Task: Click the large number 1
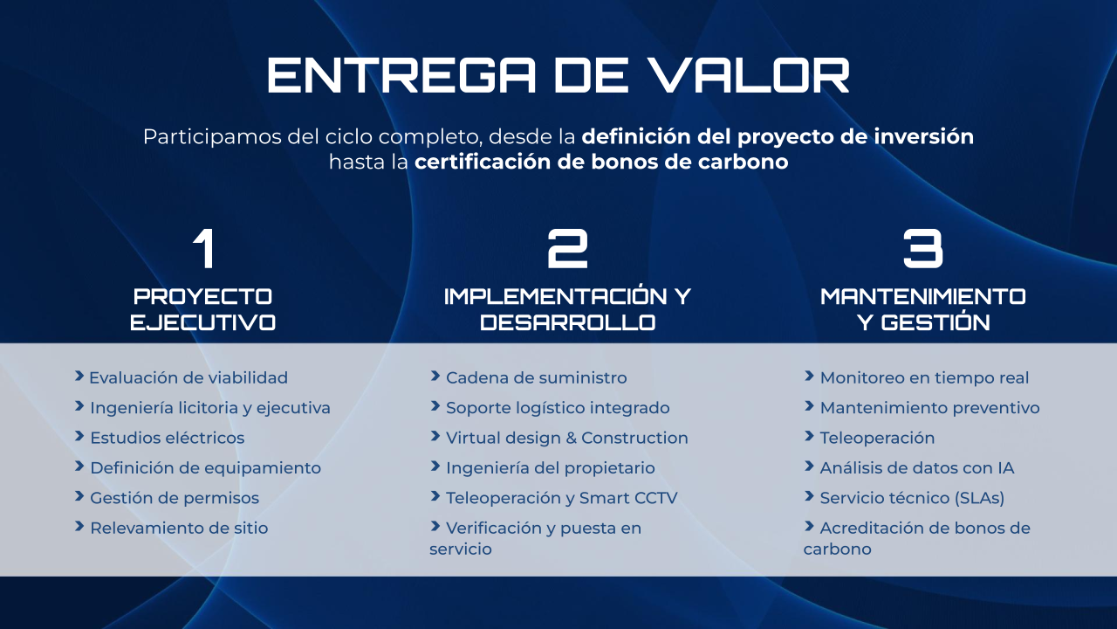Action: pyautogui.click(x=204, y=249)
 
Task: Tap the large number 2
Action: pyautogui.click(x=567, y=249)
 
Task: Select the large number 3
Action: pyautogui.click(x=923, y=249)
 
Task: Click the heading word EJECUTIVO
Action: pyautogui.click(x=203, y=322)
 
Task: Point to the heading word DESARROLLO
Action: pyautogui.click(x=567, y=322)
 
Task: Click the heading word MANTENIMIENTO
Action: pyautogui.click(x=923, y=296)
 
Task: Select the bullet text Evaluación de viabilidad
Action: pyautogui.click(x=188, y=378)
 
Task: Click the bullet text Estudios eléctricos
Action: pyautogui.click(x=167, y=438)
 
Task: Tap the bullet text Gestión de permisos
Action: pyautogui.click(x=175, y=498)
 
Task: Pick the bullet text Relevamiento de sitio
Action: pyautogui.click(x=179, y=528)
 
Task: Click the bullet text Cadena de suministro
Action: pyautogui.click(x=536, y=378)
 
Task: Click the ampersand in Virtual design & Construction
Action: pyautogui.click(x=571, y=438)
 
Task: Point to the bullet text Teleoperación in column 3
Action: pyautogui.click(x=877, y=438)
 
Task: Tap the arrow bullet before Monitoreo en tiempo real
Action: pyautogui.click(x=809, y=376)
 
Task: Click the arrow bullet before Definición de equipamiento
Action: pyautogui.click(x=79, y=467)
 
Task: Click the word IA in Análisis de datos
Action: pyautogui.click(x=1006, y=467)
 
